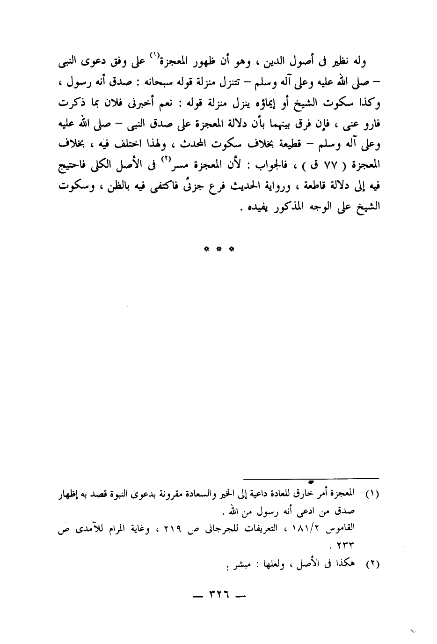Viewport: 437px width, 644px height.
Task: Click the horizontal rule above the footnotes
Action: [311, 478]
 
